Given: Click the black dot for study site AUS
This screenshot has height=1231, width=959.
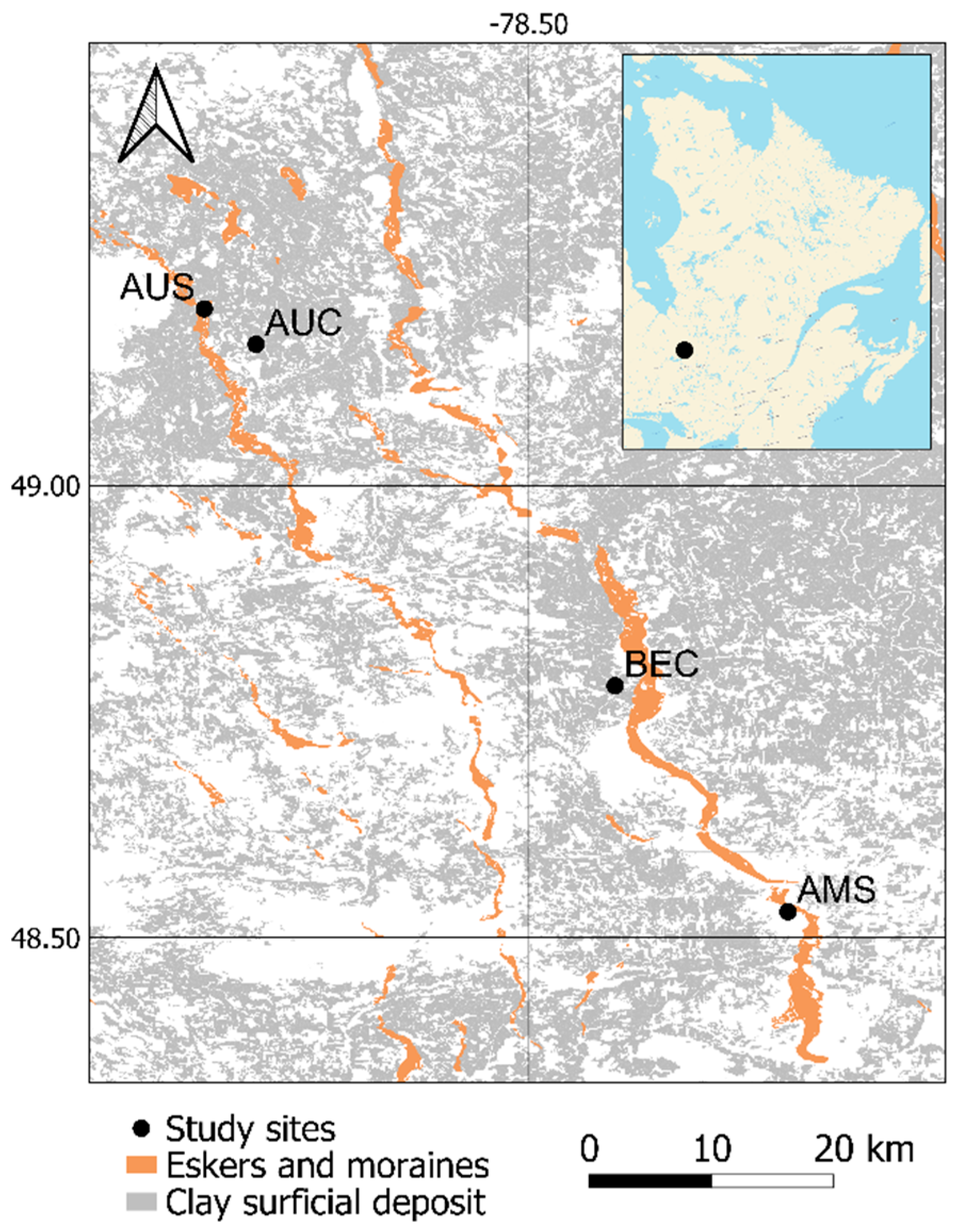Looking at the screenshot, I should coord(204,309).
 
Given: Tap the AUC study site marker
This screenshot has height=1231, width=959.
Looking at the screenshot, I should coord(256,344).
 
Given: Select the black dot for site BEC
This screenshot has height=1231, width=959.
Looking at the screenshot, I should coord(615,685).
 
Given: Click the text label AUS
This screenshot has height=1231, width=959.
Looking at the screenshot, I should coord(157,287).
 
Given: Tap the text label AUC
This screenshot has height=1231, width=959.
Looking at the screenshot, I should coord(304,323).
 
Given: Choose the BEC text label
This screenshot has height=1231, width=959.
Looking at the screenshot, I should coord(662,664).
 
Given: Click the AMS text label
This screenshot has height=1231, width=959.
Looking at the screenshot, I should coord(836,890).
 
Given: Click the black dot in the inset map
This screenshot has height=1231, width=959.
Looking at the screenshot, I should coord(684,350).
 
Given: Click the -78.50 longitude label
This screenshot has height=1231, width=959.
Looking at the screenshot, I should coord(528,26).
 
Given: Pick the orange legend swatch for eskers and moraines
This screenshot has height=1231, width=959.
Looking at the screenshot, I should coord(140,1164).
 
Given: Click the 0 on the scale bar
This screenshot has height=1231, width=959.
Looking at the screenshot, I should coord(589,1146).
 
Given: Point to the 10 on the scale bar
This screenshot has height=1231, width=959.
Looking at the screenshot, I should coord(712,1146).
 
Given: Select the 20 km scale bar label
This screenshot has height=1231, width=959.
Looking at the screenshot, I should coord(863,1146).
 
